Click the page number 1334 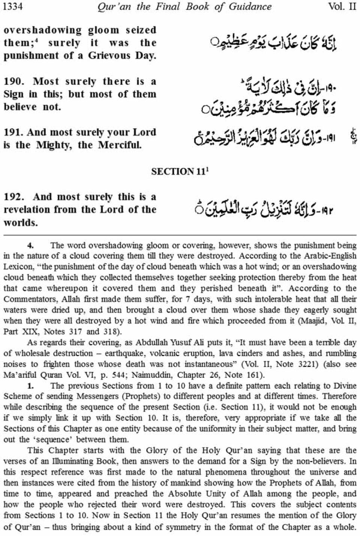(13, 7)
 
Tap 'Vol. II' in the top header (342, 7)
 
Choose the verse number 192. (14, 197)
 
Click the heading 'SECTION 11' (179, 172)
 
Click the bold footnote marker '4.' (31, 246)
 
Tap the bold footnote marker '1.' (31, 386)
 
